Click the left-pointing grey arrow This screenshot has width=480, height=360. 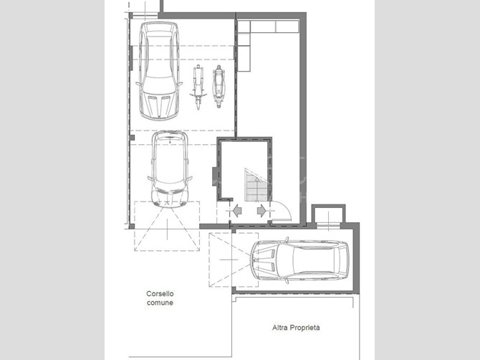tap(237, 211)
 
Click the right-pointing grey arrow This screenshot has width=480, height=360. tap(261, 211)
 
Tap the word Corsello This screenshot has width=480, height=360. tap(160, 294)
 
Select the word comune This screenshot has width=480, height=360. tap(160, 303)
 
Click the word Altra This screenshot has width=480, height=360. tap(280, 328)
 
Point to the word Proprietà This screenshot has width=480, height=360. tap(305, 328)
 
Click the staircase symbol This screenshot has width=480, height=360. tap(256, 185)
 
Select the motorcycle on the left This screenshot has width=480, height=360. tap(198, 87)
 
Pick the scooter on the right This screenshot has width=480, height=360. tap(219, 86)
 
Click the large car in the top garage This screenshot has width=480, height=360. tap(159, 70)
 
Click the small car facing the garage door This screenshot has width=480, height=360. tap(170, 169)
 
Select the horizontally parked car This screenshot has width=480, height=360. tap(299, 260)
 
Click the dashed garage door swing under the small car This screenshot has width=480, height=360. tap(167, 226)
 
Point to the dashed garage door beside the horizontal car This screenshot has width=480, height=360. tap(234, 260)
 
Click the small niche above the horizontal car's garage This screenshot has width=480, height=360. tap(328, 216)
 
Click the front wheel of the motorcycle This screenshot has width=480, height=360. tap(198, 103)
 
